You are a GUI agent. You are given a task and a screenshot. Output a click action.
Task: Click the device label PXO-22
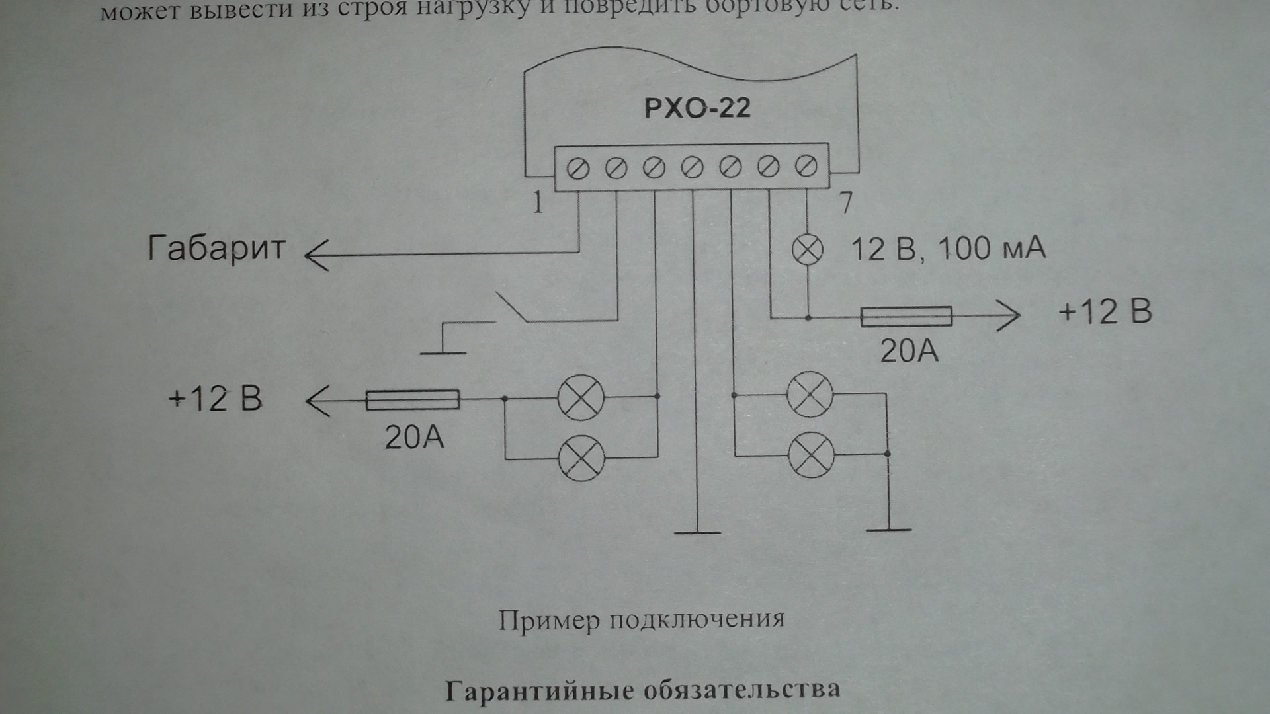697,108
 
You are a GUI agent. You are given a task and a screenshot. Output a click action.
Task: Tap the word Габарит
216,249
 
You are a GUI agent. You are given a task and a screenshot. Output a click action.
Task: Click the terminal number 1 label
538,202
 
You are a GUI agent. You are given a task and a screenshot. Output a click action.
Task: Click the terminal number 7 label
845,202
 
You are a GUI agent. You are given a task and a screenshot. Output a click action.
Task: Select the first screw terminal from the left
578,169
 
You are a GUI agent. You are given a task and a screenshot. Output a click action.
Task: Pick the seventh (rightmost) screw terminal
806,167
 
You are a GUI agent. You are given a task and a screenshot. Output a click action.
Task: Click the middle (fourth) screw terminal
692,168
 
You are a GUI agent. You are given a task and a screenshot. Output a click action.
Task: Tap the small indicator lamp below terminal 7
808,250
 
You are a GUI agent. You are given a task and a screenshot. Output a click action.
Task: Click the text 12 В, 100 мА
948,249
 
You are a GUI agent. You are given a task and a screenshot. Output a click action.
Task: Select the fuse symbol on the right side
906,317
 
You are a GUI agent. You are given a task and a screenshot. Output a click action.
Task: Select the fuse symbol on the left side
412,399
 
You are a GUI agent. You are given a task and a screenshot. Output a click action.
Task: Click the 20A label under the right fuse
909,351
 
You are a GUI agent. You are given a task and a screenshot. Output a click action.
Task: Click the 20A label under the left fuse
414,437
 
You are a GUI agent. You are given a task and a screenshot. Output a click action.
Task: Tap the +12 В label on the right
1105,311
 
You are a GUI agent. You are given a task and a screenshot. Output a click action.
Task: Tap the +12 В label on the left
215,399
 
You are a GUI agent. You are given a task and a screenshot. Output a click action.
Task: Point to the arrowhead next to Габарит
316,253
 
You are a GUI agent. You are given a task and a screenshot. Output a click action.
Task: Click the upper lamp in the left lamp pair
581,398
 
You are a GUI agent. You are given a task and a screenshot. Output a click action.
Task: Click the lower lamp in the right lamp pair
812,455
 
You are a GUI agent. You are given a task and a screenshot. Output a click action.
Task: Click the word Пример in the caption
549,621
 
